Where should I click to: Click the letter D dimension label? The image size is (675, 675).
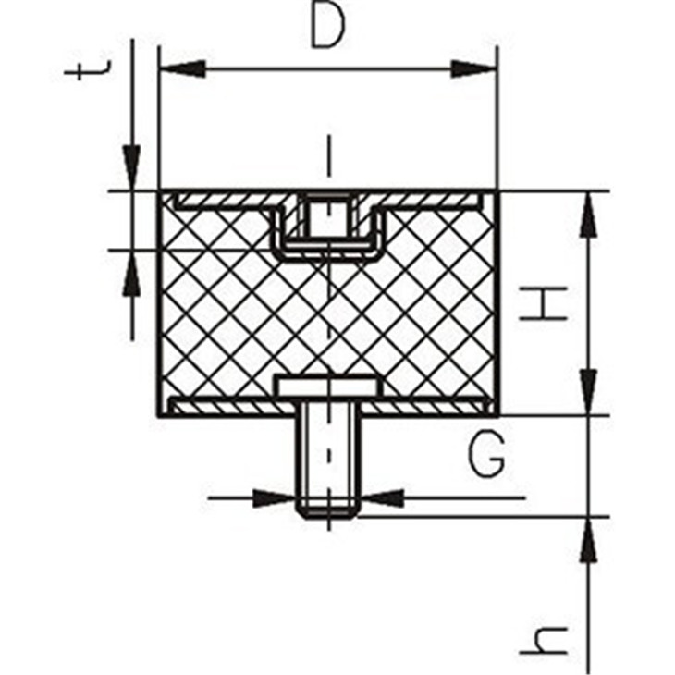(327, 26)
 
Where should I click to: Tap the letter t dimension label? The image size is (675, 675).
(88, 71)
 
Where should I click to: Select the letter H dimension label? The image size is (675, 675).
(544, 303)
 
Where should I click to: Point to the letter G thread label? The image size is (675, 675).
(486, 455)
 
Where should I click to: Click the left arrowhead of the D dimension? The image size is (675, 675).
(182, 68)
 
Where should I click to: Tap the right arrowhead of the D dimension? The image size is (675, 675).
(474, 68)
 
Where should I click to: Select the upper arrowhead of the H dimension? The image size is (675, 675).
(589, 214)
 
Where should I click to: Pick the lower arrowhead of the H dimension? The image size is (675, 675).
(589, 393)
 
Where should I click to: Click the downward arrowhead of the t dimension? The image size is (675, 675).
(131, 168)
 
